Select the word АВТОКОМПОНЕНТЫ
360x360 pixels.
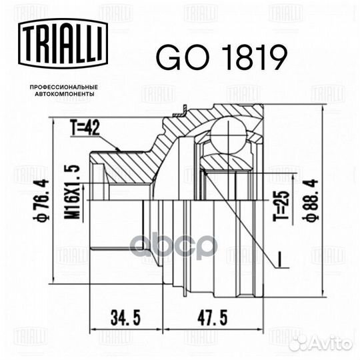click(63, 95)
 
